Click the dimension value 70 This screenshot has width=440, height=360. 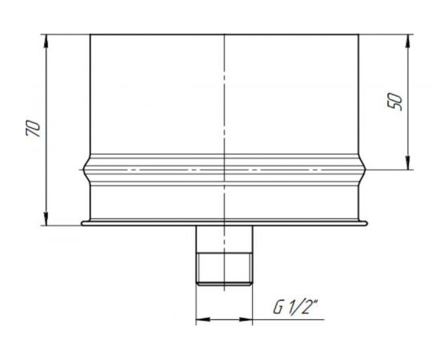click(x=33, y=128)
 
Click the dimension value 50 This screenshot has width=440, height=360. click(x=394, y=102)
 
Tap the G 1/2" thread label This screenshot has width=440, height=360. click(x=296, y=306)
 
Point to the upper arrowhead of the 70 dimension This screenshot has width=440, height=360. click(x=46, y=42)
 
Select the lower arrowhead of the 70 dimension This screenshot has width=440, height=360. click(x=46, y=218)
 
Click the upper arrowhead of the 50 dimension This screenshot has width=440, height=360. click(x=408, y=42)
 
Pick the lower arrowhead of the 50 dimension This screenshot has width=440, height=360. click(x=408, y=162)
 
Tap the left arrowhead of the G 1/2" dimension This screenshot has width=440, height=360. click(x=203, y=319)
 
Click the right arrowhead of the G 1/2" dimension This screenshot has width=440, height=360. click(x=246, y=319)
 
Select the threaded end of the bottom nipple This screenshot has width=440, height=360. click(x=224, y=269)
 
